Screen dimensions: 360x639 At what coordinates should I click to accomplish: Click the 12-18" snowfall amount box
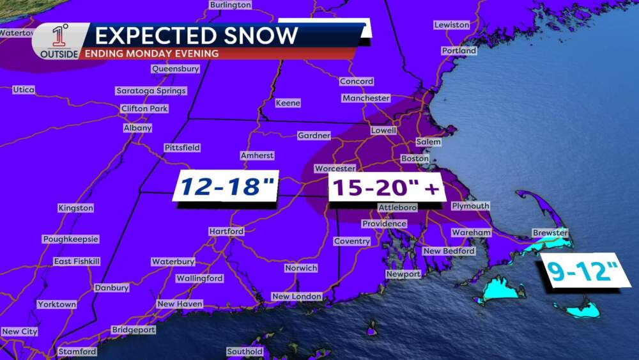(x=227, y=187)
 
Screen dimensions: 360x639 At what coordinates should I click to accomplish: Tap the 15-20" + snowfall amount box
(x=385, y=188)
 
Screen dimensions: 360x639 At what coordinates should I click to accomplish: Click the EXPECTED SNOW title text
(x=197, y=35)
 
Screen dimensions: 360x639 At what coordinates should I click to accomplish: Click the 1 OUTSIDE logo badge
(x=59, y=42)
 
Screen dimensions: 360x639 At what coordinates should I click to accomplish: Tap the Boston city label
(x=414, y=159)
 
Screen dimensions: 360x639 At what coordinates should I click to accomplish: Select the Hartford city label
(x=226, y=231)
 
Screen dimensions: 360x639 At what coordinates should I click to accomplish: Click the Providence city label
(x=384, y=224)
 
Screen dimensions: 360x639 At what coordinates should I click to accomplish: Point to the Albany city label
(x=137, y=128)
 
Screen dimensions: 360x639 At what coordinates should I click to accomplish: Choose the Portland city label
(x=459, y=51)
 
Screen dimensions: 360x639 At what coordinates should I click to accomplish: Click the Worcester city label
(x=334, y=168)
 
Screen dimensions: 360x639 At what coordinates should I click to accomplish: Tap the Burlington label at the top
(x=230, y=5)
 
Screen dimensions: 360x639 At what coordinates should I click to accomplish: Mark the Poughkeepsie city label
(x=71, y=239)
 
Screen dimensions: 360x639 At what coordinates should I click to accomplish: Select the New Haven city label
(x=180, y=304)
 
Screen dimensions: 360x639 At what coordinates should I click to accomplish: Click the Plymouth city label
(x=470, y=206)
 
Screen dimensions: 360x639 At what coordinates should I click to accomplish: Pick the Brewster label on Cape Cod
(x=550, y=233)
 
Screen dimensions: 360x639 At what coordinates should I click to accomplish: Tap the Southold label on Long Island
(x=245, y=352)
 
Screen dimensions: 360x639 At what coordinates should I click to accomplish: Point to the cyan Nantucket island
(x=578, y=311)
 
